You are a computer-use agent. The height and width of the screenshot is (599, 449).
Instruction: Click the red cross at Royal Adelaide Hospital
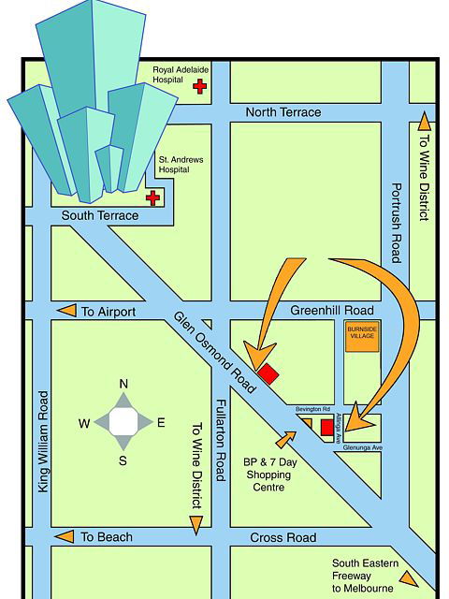(x=199, y=86)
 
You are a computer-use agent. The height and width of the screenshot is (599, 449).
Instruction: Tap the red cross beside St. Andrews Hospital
(x=152, y=197)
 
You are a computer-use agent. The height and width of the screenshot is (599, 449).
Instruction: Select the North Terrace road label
(x=282, y=112)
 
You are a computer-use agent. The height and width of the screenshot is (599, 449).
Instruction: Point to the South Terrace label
(x=99, y=216)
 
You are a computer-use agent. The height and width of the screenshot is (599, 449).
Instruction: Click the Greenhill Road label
(x=331, y=311)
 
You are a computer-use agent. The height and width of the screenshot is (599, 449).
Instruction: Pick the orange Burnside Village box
(x=362, y=338)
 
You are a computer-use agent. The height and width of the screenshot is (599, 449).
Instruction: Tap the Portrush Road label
(x=396, y=223)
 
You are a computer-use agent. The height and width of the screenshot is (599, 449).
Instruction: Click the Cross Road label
(x=282, y=538)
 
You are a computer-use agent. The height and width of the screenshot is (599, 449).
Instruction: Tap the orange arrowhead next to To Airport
(x=66, y=311)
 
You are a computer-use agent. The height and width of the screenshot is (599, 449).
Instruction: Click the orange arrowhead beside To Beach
(x=65, y=537)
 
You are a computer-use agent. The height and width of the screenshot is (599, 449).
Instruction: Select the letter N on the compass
(x=123, y=385)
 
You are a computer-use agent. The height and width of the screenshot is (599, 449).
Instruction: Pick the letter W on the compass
(x=84, y=423)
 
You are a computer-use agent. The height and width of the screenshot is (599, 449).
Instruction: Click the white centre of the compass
(x=123, y=422)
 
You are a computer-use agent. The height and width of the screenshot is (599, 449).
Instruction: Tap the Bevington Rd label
(x=313, y=410)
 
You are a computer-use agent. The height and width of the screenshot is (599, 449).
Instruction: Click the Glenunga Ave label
(x=364, y=447)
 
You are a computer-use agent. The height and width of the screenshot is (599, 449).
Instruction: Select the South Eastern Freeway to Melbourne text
(x=366, y=576)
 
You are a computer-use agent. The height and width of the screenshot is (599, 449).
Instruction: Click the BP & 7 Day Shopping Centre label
(x=269, y=475)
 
